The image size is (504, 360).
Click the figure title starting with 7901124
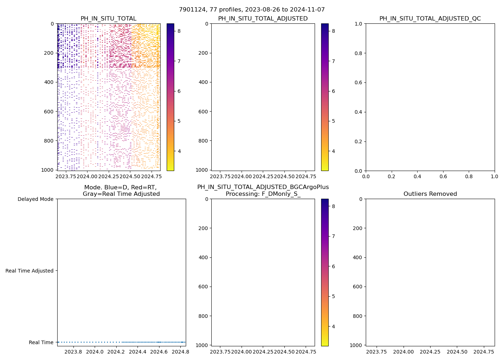point(252,10)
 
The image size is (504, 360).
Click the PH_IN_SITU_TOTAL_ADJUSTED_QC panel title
point(430,19)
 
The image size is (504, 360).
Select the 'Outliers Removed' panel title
point(430,194)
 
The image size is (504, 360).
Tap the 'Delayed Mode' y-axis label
point(35,199)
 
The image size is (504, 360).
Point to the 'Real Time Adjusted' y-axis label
point(30,271)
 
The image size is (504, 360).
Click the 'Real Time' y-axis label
point(41,342)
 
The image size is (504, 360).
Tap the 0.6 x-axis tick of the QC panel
point(443,177)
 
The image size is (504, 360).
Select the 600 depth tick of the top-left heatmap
point(49,112)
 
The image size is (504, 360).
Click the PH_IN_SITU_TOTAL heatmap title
point(108,19)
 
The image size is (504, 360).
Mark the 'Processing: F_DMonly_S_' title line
point(263,194)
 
